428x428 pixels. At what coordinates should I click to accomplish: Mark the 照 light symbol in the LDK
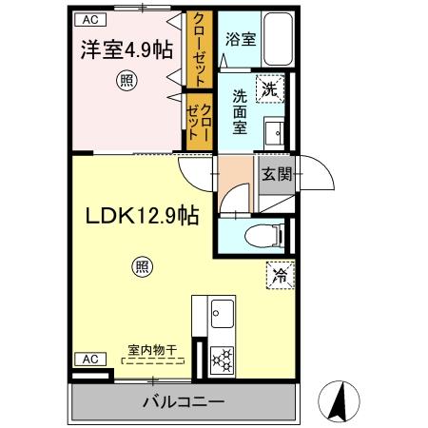tap(141, 268)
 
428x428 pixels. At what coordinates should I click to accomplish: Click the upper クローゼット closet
tap(200, 49)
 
